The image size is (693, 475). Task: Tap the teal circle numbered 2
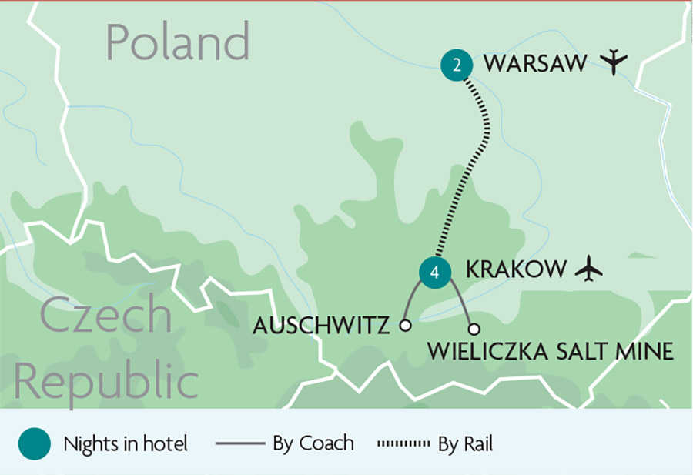click(x=457, y=65)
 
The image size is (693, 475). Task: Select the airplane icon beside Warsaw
click(x=613, y=62)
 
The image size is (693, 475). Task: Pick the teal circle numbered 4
click(x=435, y=272)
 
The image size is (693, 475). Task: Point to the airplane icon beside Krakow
click(x=588, y=269)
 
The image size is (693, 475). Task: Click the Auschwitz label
click(x=322, y=326)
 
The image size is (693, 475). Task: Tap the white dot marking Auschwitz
click(x=405, y=326)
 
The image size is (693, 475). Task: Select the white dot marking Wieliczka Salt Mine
click(x=474, y=329)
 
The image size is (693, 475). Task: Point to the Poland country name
click(x=178, y=42)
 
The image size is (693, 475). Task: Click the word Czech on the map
click(x=106, y=315)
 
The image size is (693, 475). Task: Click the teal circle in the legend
click(x=34, y=444)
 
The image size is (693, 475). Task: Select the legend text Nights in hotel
click(x=126, y=444)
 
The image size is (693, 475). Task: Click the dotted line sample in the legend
click(x=403, y=444)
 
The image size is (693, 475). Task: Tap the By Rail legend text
click(x=466, y=444)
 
